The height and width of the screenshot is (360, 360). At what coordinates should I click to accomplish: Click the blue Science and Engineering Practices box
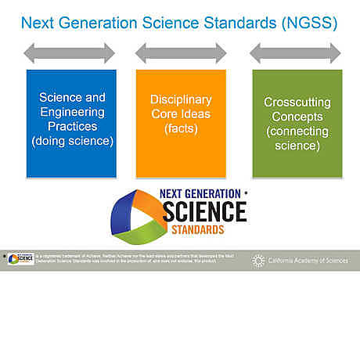[71, 124]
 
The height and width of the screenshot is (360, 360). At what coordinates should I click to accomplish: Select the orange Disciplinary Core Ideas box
[181, 124]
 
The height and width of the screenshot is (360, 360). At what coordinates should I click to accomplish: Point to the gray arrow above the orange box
[181, 53]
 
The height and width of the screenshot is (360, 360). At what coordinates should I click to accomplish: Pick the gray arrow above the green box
[295, 53]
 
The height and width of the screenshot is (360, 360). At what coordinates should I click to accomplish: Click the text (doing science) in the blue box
[73, 142]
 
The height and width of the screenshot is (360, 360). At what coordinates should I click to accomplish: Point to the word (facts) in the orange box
[181, 128]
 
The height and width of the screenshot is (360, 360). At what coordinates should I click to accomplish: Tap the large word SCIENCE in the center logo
[204, 211]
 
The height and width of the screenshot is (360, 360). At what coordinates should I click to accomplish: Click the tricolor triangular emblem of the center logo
[138, 215]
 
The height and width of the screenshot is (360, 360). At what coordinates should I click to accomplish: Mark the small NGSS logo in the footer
[20, 260]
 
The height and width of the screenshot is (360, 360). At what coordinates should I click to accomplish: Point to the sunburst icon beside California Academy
[258, 261]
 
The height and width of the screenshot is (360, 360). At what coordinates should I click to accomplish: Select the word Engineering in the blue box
[72, 113]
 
